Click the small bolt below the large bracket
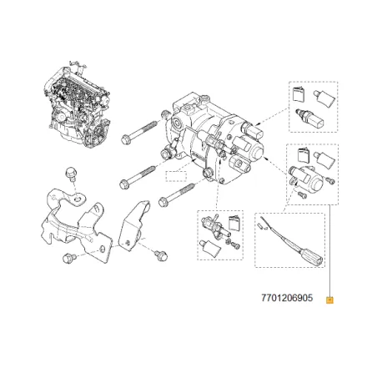tap(68, 259)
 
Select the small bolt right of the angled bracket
tap(161, 251)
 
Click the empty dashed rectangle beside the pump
tap(174, 176)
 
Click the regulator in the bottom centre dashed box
tap(210, 225)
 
